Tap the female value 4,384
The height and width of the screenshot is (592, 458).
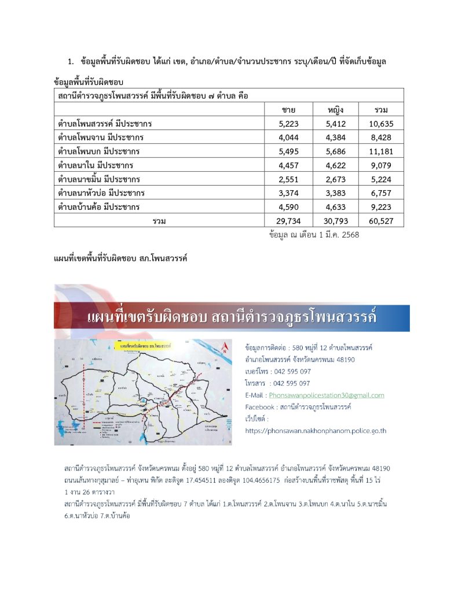click(336, 137)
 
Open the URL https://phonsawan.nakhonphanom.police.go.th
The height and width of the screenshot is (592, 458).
click(316, 431)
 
